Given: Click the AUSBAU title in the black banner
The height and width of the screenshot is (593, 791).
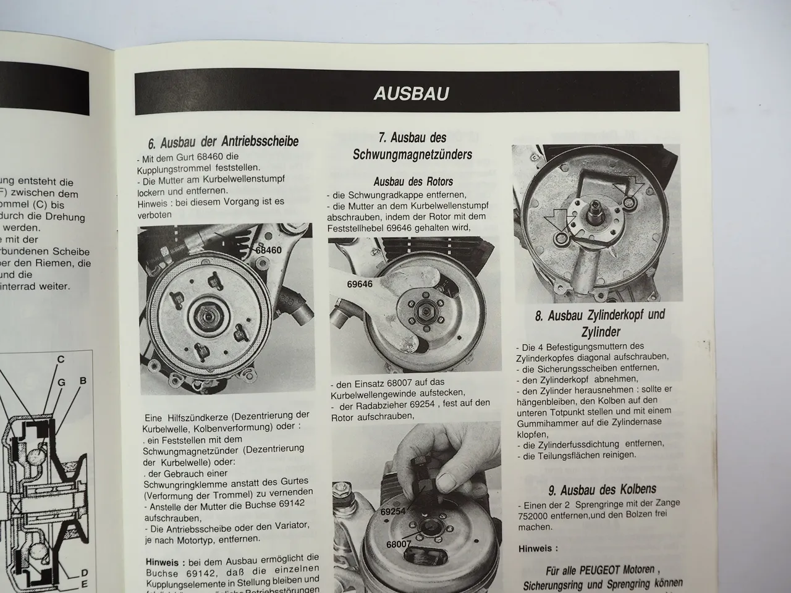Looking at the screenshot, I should (x=411, y=93).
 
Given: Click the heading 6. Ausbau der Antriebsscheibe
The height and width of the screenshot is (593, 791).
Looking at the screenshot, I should (x=223, y=142).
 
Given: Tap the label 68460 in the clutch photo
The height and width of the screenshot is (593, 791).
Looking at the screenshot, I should (x=268, y=250).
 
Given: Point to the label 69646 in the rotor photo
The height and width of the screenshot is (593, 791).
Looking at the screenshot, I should (x=360, y=284).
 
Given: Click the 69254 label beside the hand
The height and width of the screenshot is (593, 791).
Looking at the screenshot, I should (x=393, y=512).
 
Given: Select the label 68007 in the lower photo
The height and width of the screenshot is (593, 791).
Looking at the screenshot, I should (x=399, y=544).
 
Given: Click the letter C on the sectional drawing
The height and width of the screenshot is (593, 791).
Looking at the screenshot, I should (x=61, y=360).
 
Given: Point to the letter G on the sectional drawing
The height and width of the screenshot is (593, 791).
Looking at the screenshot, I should (x=61, y=382).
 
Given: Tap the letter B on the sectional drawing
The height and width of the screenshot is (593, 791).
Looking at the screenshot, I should (x=82, y=381).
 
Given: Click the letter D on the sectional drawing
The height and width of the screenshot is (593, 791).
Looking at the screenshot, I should (x=84, y=573).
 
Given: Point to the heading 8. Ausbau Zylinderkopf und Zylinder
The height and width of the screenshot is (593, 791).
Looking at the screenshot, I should (x=599, y=323).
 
